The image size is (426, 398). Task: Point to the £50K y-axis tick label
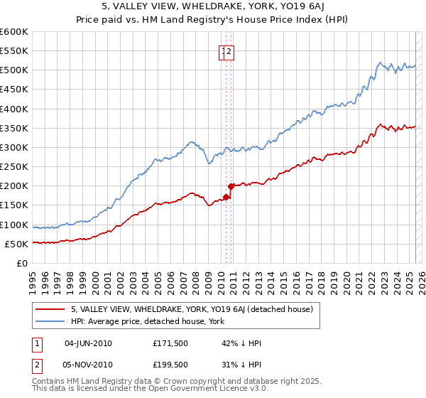[16, 244]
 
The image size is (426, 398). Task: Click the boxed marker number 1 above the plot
[223, 50]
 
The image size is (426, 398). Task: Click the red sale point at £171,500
[226, 197]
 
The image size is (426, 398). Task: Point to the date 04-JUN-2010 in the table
[88, 343]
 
